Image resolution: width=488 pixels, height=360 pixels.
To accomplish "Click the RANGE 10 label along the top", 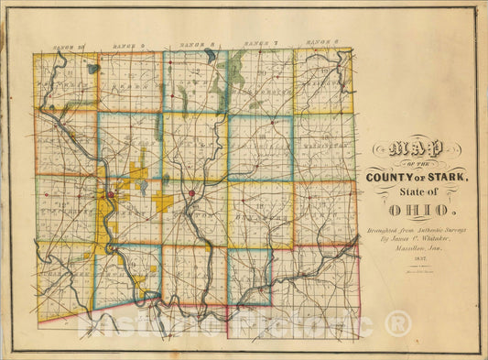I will click(69, 45).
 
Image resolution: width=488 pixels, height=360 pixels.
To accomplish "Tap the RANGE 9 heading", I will click(129, 44).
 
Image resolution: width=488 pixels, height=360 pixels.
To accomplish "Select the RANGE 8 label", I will click(196, 43).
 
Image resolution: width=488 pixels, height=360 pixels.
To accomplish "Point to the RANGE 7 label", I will click(261, 43).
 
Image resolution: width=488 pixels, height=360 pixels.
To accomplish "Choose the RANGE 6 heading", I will click(321, 42).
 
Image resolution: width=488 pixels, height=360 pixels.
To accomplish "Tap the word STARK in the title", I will click(449, 177).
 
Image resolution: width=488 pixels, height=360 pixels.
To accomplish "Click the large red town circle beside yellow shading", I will click(110, 194).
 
